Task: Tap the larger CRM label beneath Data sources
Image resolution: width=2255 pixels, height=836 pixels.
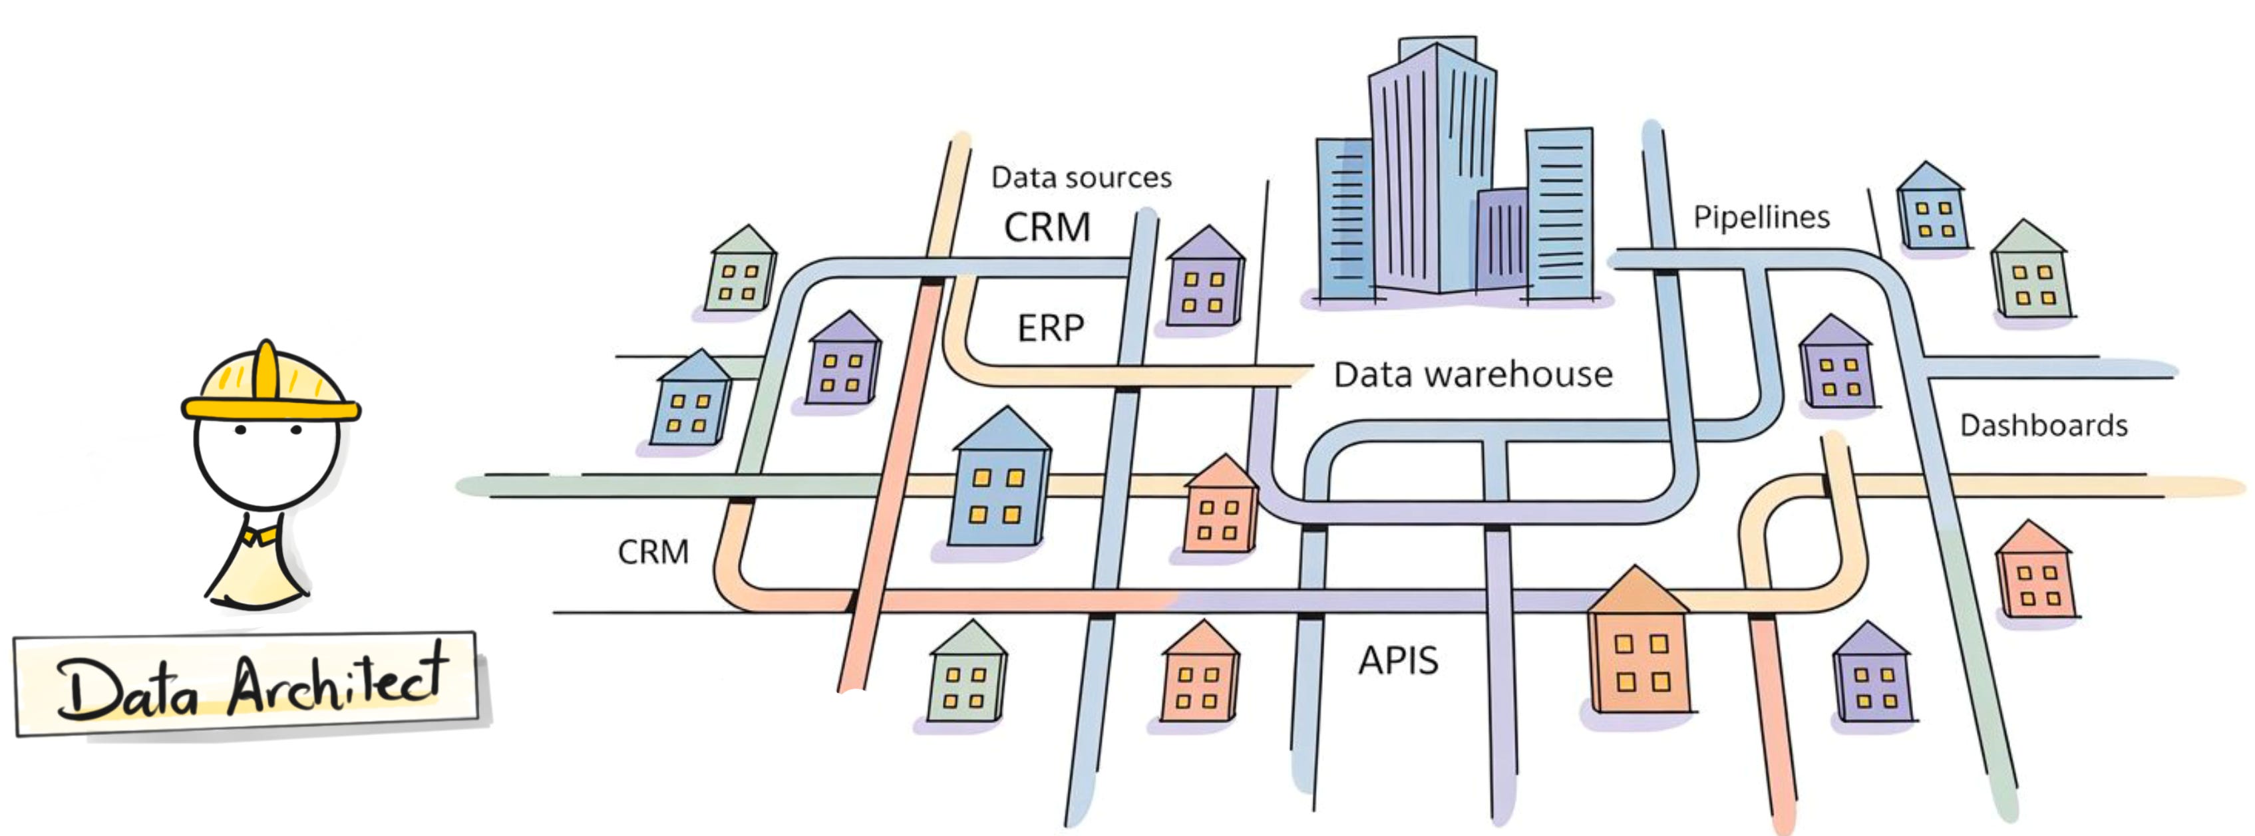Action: click(1047, 227)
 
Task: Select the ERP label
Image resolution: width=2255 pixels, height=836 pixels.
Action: click(1051, 329)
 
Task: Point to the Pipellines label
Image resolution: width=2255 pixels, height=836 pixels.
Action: click(1761, 216)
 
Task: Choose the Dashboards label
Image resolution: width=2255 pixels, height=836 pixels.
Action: click(2043, 426)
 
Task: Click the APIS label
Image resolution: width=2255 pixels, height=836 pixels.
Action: click(1398, 660)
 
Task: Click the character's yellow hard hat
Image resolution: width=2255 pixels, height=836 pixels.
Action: click(269, 385)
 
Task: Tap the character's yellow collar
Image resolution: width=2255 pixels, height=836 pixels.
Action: click(261, 533)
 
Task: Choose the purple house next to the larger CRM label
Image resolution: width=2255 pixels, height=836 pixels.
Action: click(1206, 280)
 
